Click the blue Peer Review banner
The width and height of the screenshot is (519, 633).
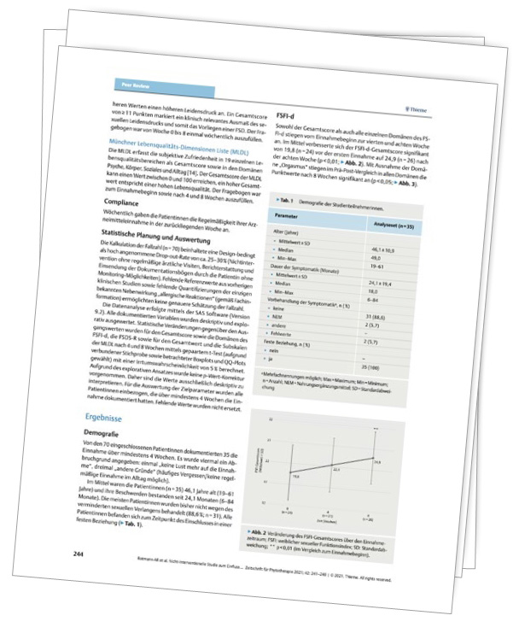pos(129,85)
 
